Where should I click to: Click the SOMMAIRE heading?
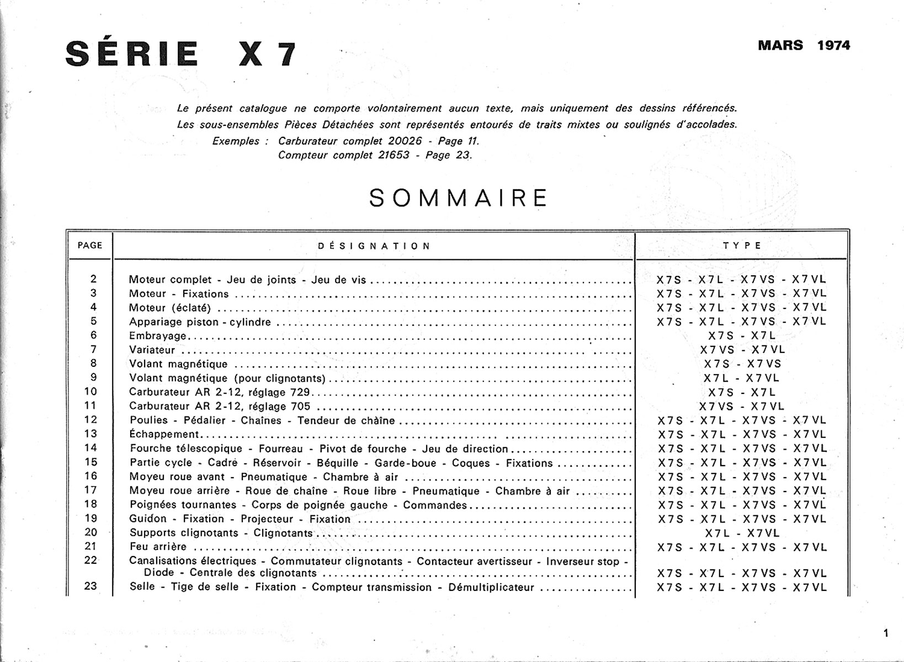(x=458, y=198)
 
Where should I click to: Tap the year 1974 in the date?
(x=833, y=45)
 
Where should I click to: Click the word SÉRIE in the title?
(x=132, y=54)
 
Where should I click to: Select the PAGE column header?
(x=90, y=245)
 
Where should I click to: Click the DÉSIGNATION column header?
(x=374, y=246)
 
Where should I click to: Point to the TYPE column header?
(x=742, y=245)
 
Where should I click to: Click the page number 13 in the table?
(x=91, y=434)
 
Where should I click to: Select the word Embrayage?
(x=158, y=335)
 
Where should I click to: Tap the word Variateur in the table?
(x=152, y=350)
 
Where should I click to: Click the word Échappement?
(x=164, y=434)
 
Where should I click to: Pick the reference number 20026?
(x=405, y=141)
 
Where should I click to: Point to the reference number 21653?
(x=393, y=155)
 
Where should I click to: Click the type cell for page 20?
(x=742, y=533)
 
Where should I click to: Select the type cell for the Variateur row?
(x=742, y=350)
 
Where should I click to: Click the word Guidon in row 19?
(x=147, y=519)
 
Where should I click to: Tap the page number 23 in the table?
(x=91, y=586)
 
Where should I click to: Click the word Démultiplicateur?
(x=491, y=587)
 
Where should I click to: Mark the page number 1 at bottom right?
(x=886, y=633)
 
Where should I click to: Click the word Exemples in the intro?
(x=236, y=141)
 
